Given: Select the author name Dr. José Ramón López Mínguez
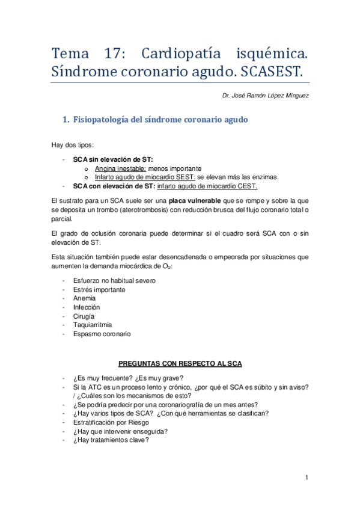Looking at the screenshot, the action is pyautogui.click(x=266, y=96).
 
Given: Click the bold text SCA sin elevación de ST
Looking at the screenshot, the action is pyautogui.click(x=113, y=159).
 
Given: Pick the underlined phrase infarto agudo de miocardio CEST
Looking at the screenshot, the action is pyautogui.click(x=207, y=185).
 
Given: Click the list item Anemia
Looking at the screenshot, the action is pyautogui.click(x=84, y=298).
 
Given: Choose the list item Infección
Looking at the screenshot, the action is pyautogui.click(x=87, y=307).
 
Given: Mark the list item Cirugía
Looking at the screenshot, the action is pyautogui.click(x=84, y=316).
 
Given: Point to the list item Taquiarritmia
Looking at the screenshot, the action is pyautogui.click(x=92, y=325).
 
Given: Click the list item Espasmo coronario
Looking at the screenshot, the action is pyautogui.click(x=102, y=334).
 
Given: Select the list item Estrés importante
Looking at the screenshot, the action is pyautogui.click(x=99, y=289).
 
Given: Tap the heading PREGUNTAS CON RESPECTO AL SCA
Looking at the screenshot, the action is pyautogui.click(x=180, y=364).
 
